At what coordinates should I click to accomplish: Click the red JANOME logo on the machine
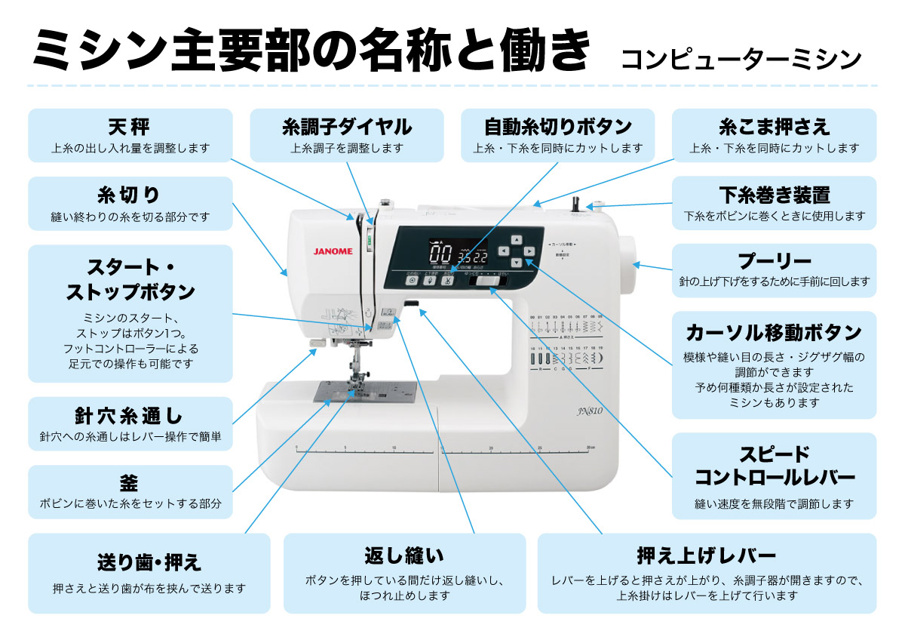click(x=333, y=252)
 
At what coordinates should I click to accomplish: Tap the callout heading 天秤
click(x=130, y=126)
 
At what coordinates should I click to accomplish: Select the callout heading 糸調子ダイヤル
click(x=347, y=126)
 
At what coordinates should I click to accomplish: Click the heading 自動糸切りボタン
click(x=557, y=126)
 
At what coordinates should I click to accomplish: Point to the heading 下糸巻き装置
click(x=774, y=195)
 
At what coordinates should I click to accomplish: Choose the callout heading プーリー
click(x=774, y=262)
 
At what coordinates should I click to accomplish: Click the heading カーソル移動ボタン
click(x=774, y=332)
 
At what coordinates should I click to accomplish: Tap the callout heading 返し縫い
click(x=404, y=557)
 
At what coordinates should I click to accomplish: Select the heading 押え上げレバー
click(x=707, y=557)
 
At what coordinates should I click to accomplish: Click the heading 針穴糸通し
click(x=130, y=415)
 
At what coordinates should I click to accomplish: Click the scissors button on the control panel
click(x=447, y=281)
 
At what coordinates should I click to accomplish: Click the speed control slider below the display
click(x=484, y=282)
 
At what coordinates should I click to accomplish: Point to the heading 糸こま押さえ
click(x=774, y=126)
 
